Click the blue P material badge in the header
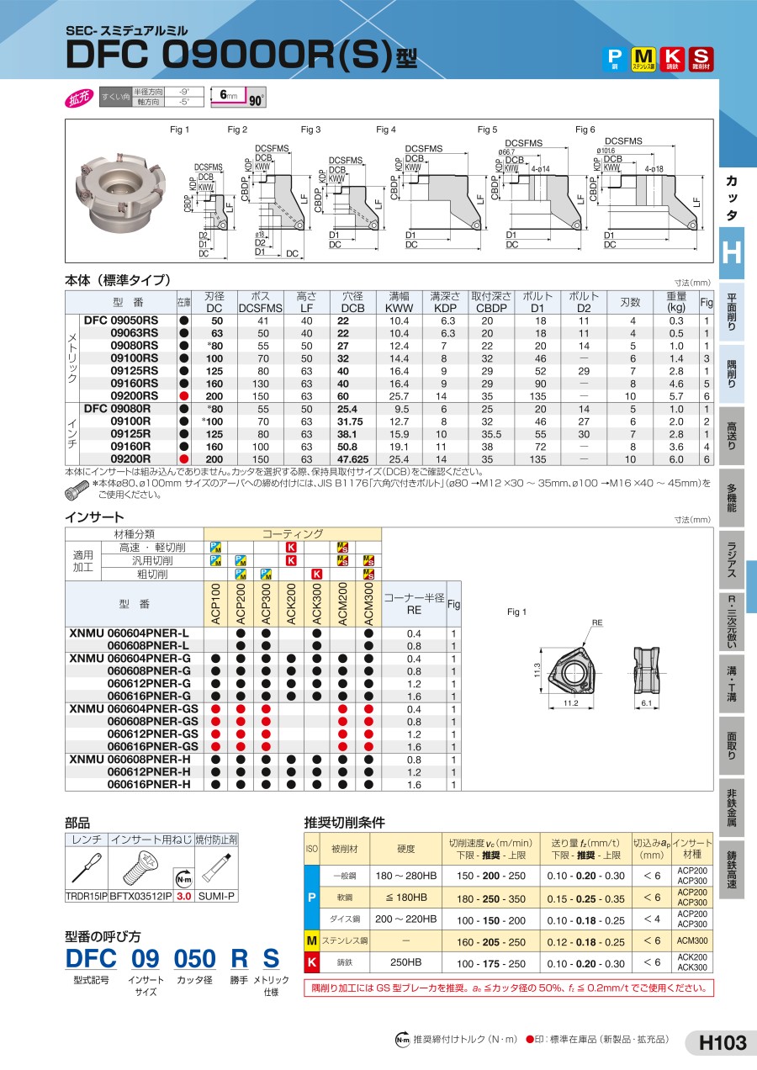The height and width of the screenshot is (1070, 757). [x=616, y=57]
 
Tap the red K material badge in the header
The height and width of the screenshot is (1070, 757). [x=672, y=57]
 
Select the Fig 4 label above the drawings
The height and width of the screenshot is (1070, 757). [x=385, y=130]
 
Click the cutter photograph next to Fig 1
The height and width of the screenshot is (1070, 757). [x=119, y=192]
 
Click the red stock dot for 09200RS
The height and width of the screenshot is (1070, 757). [x=183, y=395]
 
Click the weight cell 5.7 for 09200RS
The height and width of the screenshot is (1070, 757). [x=676, y=395]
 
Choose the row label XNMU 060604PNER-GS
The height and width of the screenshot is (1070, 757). [x=135, y=709]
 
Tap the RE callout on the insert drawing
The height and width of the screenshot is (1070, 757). [x=597, y=623]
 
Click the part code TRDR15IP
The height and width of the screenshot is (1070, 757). [x=87, y=897]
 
